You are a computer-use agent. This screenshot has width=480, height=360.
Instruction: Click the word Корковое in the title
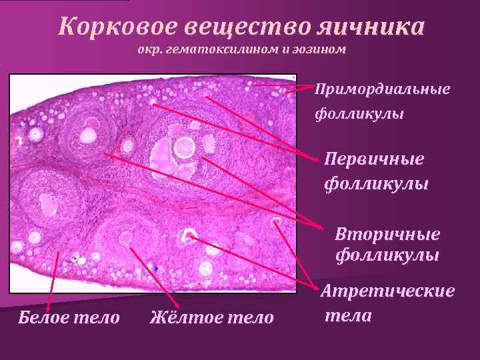[106, 27]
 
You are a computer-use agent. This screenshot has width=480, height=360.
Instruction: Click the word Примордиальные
[383, 89]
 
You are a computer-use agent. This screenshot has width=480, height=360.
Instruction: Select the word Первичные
[374, 159]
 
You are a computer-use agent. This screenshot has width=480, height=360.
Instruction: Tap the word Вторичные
[387, 235]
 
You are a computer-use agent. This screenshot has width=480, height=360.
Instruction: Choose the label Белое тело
[69, 317]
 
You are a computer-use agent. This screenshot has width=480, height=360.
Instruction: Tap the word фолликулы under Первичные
[376, 182]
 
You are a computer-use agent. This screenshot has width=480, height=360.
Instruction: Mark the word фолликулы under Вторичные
[387, 255]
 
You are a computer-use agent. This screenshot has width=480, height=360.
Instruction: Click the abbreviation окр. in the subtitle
[151, 51]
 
